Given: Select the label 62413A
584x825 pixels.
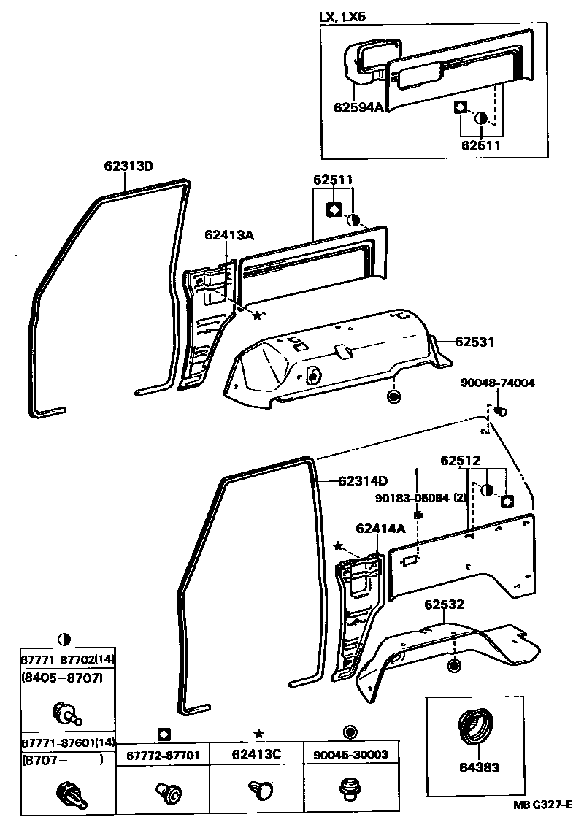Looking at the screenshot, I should click(x=229, y=234).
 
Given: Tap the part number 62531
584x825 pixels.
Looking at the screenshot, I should click(x=475, y=341).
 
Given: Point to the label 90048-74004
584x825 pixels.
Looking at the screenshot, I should click(x=497, y=383).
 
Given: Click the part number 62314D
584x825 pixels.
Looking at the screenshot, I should click(x=363, y=480).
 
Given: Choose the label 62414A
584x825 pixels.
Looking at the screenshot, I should click(x=380, y=528).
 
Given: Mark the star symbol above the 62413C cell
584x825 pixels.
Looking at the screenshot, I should click(x=257, y=732).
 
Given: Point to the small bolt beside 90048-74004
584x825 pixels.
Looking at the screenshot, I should click(x=502, y=412).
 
